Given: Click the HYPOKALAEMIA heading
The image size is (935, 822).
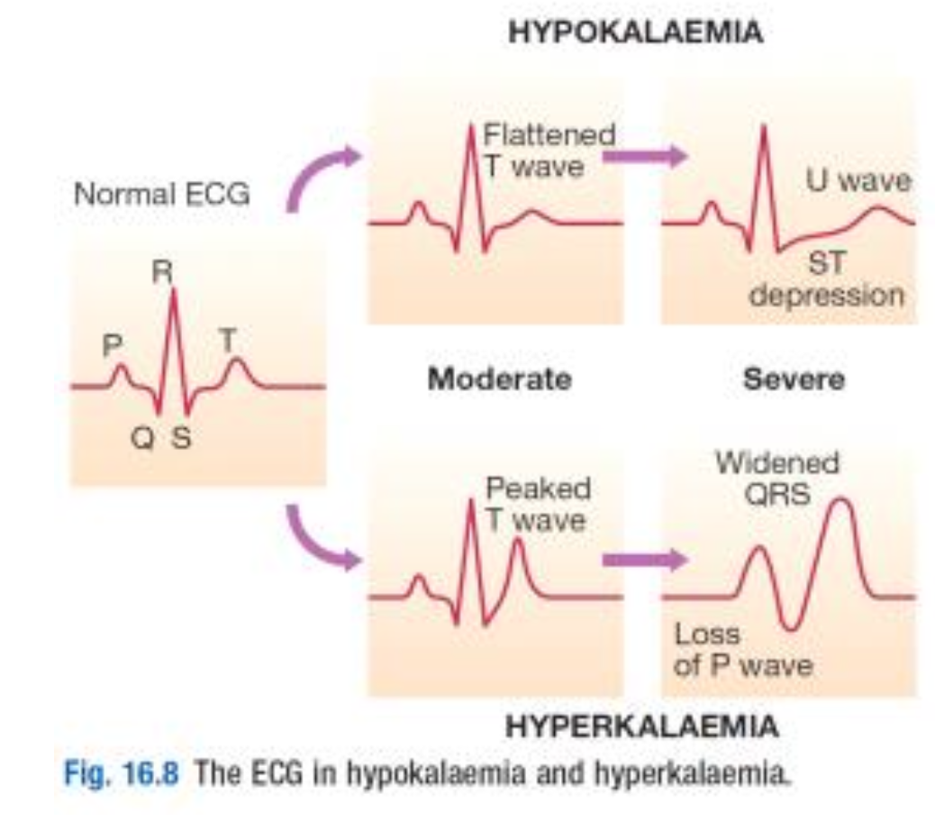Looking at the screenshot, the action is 635,34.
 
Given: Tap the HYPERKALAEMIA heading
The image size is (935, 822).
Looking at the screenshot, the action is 640,726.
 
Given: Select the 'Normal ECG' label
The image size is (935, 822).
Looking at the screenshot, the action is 162,194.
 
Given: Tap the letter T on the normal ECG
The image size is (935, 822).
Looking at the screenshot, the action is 229,340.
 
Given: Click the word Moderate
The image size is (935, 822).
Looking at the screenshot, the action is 499,379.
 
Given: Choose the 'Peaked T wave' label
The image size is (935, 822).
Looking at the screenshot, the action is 538,504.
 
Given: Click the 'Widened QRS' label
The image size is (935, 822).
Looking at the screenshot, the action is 776,479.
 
